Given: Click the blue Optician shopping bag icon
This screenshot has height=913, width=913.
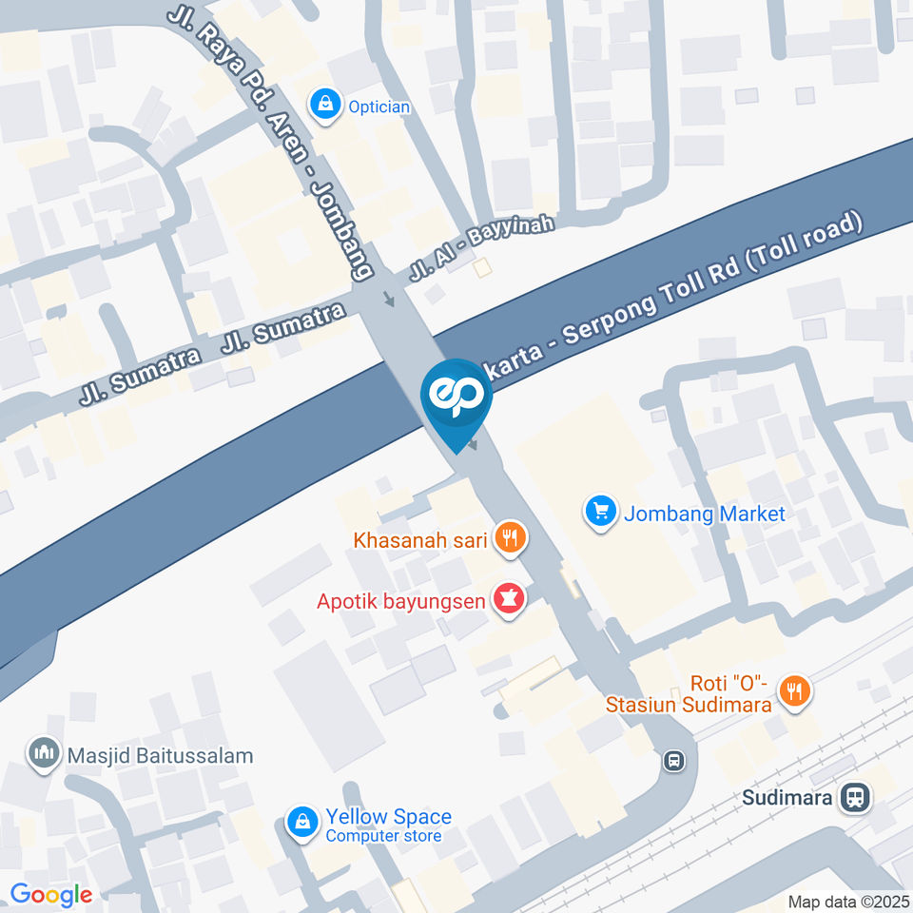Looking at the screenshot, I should coord(326,106).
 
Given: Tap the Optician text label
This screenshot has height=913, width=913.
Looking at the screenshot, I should coord(379,107).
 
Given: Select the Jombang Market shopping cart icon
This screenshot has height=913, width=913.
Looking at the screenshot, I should coord(599,514).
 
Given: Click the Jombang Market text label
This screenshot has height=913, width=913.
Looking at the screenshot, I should coord(704,515).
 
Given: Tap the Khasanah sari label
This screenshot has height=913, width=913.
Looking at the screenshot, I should coord(420,541).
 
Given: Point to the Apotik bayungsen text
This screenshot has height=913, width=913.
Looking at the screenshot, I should coord(401,601).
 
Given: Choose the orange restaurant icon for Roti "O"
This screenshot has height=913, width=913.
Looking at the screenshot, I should coord(794,692).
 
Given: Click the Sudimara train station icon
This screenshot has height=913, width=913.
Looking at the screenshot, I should coord(855,797).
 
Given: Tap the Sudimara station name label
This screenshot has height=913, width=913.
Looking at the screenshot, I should coord(787,797).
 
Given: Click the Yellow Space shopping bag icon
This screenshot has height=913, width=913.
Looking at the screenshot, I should coord(302,824).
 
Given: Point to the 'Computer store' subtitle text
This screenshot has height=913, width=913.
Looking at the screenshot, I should coord(383,837).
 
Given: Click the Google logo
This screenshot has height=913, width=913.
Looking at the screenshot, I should coord(50,894).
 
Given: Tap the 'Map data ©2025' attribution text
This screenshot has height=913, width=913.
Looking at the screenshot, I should coord(848,902).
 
